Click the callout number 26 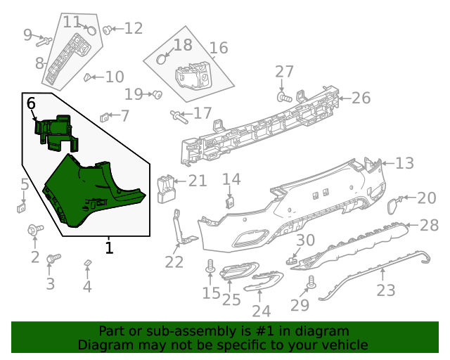click(x=360, y=98)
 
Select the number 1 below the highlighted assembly click(x=109, y=247)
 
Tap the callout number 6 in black click(x=31, y=103)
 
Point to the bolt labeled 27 click(x=283, y=98)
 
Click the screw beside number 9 click(x=43, y=39)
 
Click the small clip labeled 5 click(x=22, y=207)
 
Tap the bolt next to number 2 click(x=33, y=229)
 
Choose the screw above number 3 click(x=50, y=259)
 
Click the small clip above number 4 click(x=87, y=263)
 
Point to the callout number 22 click(x=174, y=262)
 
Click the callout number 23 click(x=386, y=290)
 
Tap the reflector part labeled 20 click(x=392, y=205)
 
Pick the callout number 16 click(x=219, y=48)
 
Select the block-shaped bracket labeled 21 click(x=166, y=187)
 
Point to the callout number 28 click(x=429, y=225)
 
